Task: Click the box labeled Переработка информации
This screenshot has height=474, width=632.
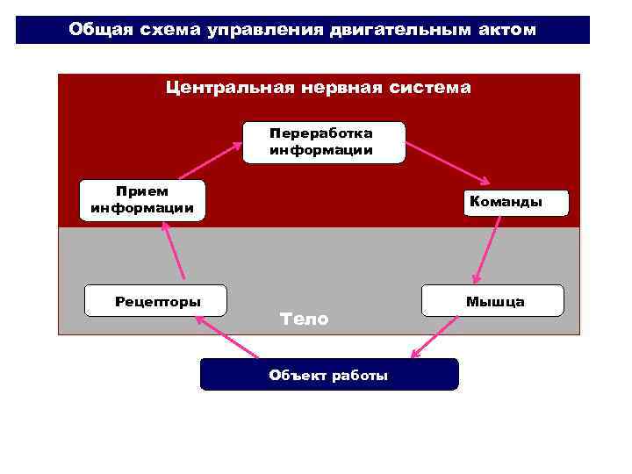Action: pos(321,143)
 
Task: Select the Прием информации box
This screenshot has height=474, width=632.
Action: pos(141,200)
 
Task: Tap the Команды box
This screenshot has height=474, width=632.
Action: pos(506,202)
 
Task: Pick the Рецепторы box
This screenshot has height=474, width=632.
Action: pos(156,301)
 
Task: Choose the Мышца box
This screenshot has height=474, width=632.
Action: pos(494,301)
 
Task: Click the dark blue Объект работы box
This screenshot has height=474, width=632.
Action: pos(329,375)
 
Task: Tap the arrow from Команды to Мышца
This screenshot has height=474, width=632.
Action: pos(488,248)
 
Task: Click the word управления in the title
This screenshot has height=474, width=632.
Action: pos(265,30)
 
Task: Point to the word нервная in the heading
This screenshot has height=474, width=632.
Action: pos(338,88)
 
